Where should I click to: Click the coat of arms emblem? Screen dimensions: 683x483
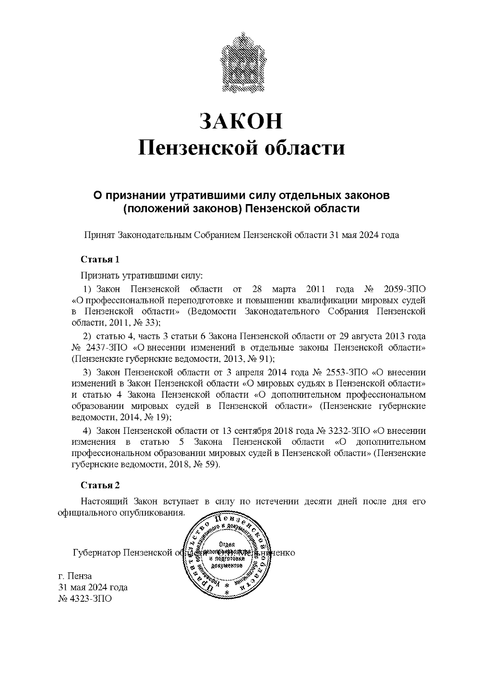click(241, 64)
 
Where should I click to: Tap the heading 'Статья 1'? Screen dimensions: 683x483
click(100, 259)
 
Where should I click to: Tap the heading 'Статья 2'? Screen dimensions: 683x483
click(100, 485)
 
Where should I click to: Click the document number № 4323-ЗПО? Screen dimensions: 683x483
click(85, 598)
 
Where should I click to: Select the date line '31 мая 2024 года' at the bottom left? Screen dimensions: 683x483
click(93, 587)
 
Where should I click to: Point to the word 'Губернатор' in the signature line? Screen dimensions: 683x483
click(96, 553)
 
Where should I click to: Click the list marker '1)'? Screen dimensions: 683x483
click(88, 289)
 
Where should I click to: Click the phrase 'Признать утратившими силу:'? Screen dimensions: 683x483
click(142, 276)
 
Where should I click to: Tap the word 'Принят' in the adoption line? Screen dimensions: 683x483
click(99, 235)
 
